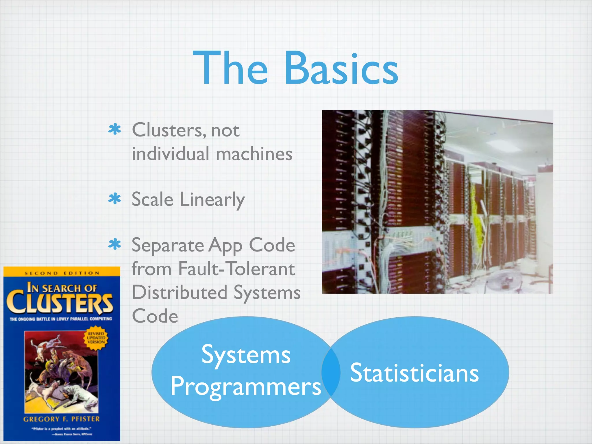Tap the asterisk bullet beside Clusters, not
(114, 129)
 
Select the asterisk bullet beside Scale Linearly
(114, 199)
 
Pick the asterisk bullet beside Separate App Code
(114, 245)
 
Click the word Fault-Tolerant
(236, 269)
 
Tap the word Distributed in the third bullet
(180, 293)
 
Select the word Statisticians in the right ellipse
(414, 373)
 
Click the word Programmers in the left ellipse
(246, 387)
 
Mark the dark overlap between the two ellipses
(331, 372)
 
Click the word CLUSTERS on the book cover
(60, 304)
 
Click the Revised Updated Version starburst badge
(96, 338)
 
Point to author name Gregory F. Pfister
(61, 419)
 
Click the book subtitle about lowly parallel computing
(61, 319)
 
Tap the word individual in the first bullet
(170, 154)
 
